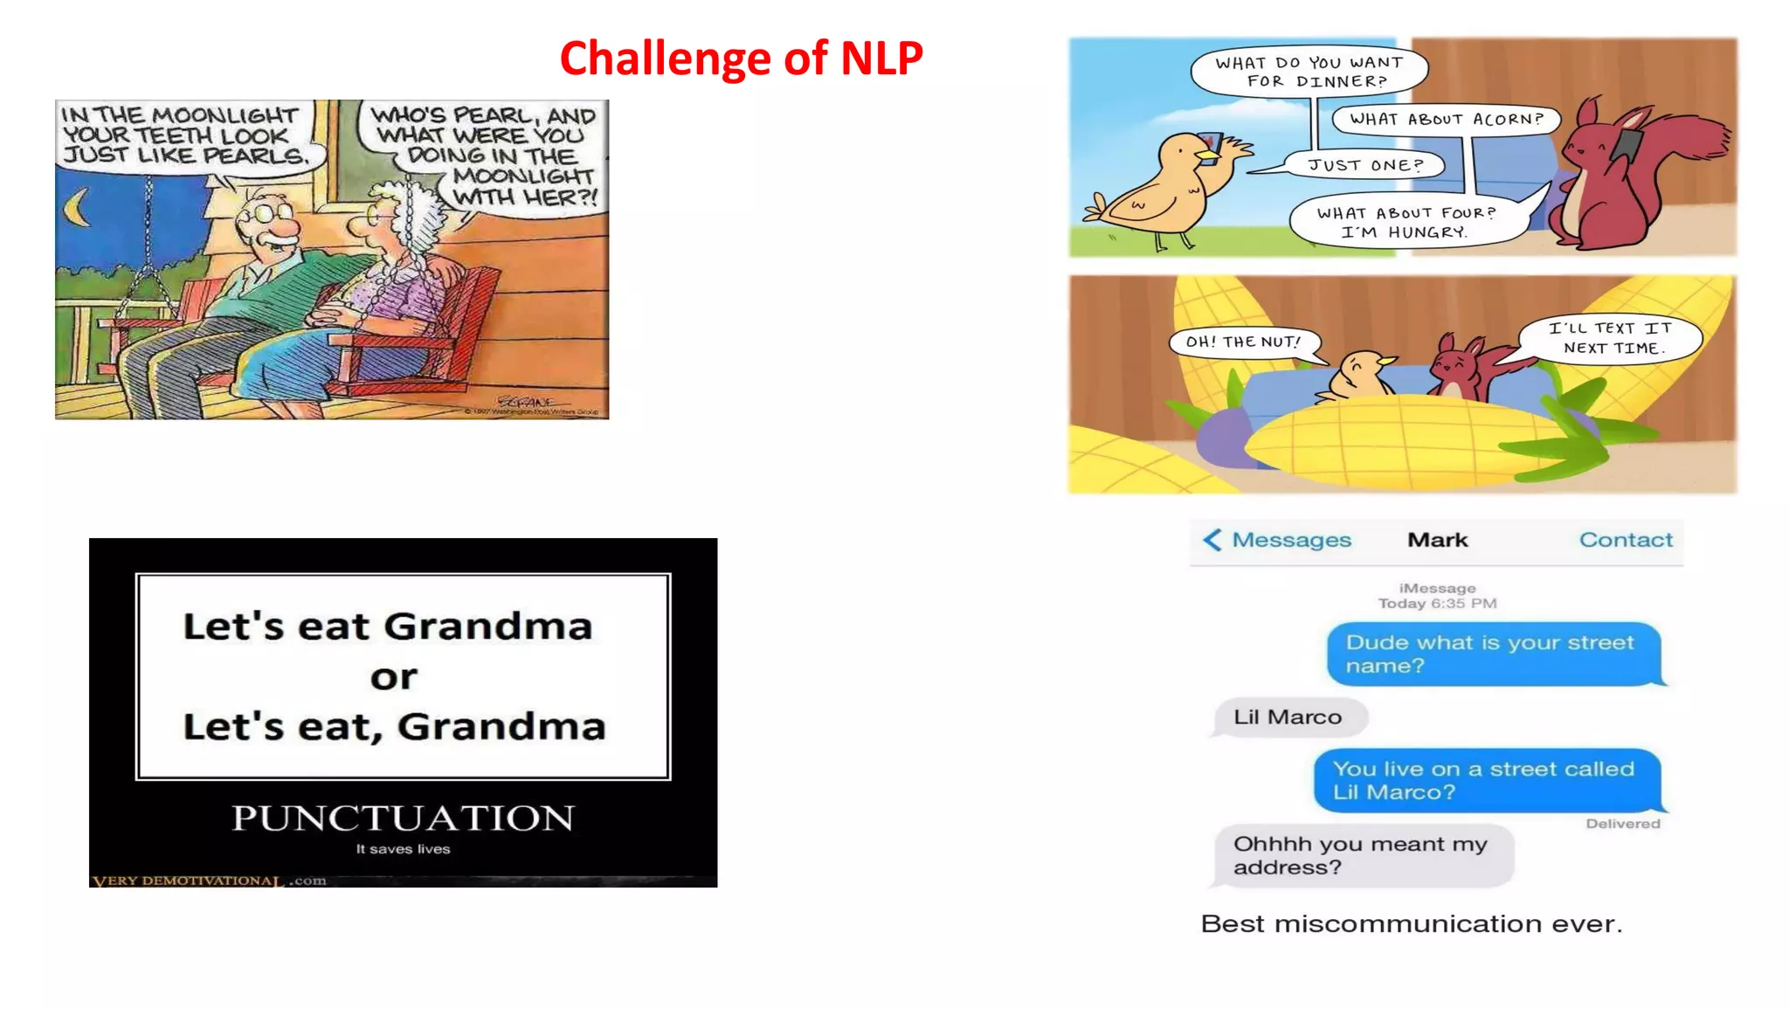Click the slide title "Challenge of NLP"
[741, 59]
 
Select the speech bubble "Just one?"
[1365, 165]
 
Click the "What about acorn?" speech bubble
[1446, 119]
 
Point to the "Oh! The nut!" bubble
[1243, 342]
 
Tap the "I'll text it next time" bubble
[1610, 338]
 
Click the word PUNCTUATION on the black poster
[403, 818]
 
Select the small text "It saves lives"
[403, 849]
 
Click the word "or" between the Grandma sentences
[394, 677]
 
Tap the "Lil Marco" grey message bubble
[1288, 717]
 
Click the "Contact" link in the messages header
[1626, 540]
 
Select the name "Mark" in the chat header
[1437, 540]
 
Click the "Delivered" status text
[1623, 824]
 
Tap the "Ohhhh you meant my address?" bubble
[1361, 855]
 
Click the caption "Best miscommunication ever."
[1411, 923]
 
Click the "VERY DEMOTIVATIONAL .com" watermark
[209, 881]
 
